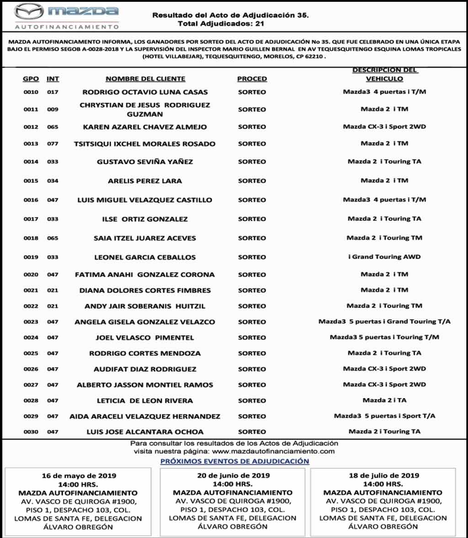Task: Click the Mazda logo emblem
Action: tap(29, 11)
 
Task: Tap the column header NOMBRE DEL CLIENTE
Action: tap(145, 79)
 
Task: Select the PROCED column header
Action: tap(252, 79)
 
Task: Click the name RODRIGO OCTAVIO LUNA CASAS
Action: tap(145, 92)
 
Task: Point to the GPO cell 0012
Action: tap(31, 127)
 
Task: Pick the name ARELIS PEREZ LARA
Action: tap(145, 181)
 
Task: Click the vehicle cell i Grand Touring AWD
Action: tap(384, 257)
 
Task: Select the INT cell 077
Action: tap(53, 144)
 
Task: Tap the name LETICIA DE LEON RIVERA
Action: tap(145, 400)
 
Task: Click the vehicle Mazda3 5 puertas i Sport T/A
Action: tap(384, 416)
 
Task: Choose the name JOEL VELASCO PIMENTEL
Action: tap(145, 338)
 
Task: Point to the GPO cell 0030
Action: tap(31, 431)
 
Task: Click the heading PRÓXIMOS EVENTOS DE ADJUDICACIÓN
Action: tap(234, 461)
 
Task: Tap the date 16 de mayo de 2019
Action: tap(79, 476)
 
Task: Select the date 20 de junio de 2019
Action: tap(233, 475)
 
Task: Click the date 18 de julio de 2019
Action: tap(384, 475)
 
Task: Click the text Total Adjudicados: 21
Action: tap(221, 23)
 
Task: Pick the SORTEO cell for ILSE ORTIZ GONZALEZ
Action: tap(252, 219)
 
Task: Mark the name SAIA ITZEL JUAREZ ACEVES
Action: tap(145, 238)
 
